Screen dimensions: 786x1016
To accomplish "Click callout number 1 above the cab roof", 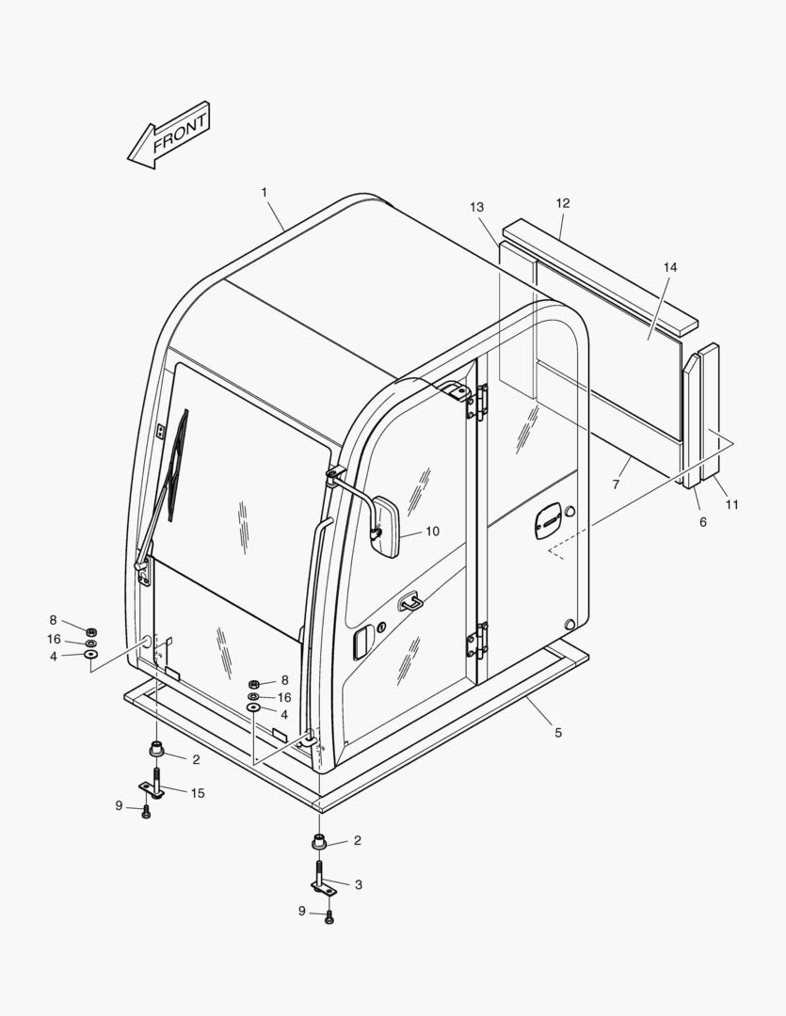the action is (x=264, y=192).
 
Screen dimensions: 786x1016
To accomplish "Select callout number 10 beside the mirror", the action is (x=433, y=532).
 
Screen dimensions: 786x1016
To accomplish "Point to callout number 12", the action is (x=563, y=203).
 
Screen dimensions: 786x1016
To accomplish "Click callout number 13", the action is (x=476, y=207).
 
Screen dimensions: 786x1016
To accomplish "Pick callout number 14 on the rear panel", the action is (x=670, y=267).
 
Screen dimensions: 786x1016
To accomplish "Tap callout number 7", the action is (x=616, y=484).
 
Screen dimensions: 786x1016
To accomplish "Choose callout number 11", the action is (x=732, y=504).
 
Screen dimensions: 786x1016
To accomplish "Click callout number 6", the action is (x=703, y=521).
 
